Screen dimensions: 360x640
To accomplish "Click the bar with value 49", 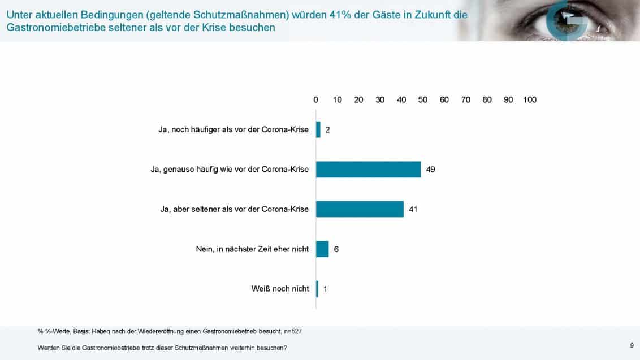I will pyautogui.click(x=368, y=170).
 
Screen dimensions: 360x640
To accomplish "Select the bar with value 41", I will pyautogui.click(x=360, y=209).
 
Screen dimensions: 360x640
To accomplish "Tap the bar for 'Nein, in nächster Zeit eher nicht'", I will pyautogui.click(x=322, y=249).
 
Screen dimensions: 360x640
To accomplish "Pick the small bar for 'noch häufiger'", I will pyautogui.click(x=318, y=129).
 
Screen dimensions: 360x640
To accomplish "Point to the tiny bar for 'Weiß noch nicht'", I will pyautogui.click(x=317, y=289).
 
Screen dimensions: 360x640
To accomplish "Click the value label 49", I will pyautogui.click(x=430, y=170).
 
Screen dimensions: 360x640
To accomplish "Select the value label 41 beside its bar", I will pyautogui.click(x=413, y=209).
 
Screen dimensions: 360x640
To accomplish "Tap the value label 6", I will pyautogui.click(x=336, y=249).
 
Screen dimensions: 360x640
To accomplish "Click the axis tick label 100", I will pyautogui.click(x=530, y=100).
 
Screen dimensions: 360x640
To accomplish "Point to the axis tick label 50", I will pyautogui.click(x=422, y=100).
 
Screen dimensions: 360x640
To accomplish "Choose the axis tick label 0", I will pyautogui.click(x=316, y=100).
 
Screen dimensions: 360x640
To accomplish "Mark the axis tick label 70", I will pyautogui.click(x=465, y=100).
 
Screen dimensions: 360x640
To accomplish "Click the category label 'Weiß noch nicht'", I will pyautogui.click(x=280, y=289).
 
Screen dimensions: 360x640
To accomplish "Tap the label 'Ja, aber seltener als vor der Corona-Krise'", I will pyautogui.click(x=234, y=209).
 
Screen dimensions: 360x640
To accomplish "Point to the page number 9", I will pyautogui.click(x=632, y=345).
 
